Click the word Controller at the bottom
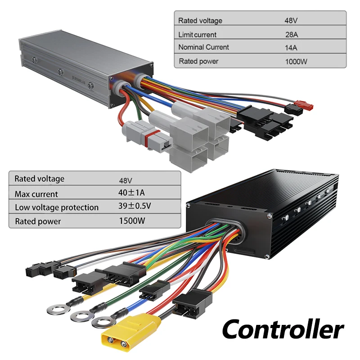[283, 330]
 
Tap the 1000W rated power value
[296, 61]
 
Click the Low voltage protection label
[57, 207]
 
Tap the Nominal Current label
[203, 47]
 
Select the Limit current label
[197, 34]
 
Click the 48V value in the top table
[291, 20]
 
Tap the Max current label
[36, 194]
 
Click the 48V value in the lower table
[126, 180]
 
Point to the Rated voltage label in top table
[200, 20]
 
